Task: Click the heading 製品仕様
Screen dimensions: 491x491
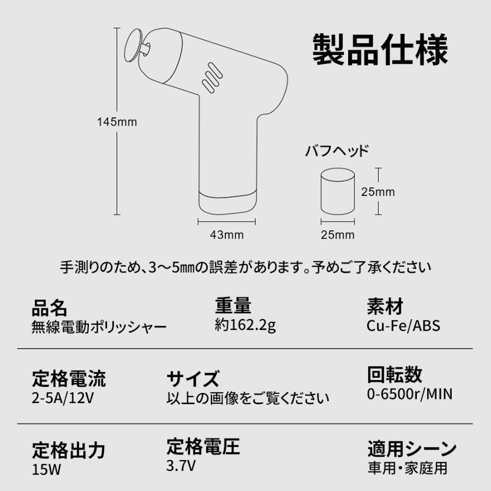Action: pos(380,50)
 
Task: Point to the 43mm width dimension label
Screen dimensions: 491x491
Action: pos(226,235)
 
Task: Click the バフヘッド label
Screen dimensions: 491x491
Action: pos(336,151)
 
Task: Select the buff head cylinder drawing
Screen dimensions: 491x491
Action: pos(338,192)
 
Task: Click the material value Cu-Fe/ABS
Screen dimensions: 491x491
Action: pos(404,326)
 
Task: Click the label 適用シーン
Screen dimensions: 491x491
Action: pos(412,450)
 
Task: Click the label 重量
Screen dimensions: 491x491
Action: pos(233,306)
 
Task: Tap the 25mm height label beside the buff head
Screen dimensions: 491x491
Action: pos(378,192)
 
